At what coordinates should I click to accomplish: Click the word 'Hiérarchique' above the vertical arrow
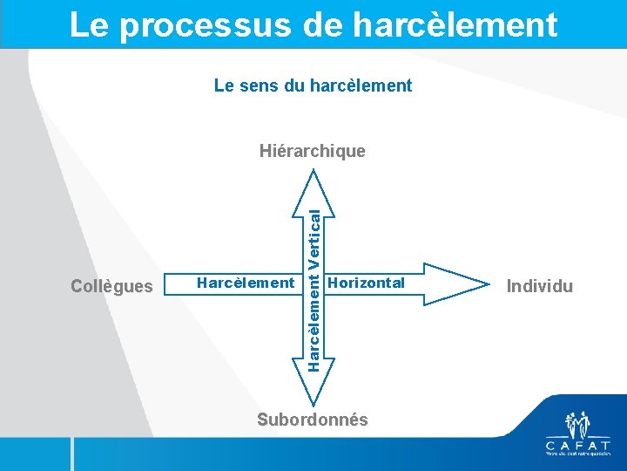tap(313, 151)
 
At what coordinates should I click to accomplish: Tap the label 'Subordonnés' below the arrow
tap(313, 420)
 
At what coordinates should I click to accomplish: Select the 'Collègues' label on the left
tap(111, 285)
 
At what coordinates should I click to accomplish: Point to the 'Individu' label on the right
tap(541, 285)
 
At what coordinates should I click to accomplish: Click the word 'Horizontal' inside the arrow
tap(367, 283)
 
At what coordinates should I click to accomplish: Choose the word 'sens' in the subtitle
tap(260, 85)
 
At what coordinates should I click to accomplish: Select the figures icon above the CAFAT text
tap(577, 424)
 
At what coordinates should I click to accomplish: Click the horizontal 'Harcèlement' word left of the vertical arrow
tap(246, 283)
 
